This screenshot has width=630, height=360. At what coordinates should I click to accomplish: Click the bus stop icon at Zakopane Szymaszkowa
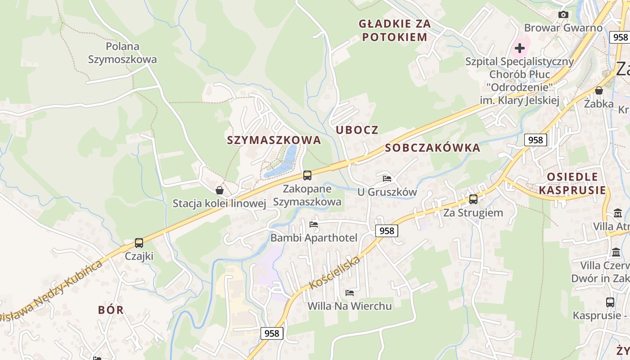tap(307, 175)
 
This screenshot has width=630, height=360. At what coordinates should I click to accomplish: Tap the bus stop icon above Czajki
tap(139, 243)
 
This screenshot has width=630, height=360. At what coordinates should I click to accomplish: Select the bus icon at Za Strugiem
tap(473, 199)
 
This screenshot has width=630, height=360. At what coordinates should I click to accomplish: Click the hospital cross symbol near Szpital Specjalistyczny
tap(520, 48)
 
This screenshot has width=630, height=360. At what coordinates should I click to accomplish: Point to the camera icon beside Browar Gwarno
tap(563, 14)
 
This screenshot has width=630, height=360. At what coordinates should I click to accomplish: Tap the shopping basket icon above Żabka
tap(598, 90)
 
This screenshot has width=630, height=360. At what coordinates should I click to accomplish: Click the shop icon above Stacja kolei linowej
tap(220, 190)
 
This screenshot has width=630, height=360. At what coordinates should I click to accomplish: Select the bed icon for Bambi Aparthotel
tap(314, 224)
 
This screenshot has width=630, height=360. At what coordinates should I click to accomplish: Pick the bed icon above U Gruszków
tap(387, 178)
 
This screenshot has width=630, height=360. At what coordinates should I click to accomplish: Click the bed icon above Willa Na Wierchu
tap(349, 293)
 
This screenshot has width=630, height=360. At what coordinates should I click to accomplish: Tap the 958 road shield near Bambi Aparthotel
tap(387, 231)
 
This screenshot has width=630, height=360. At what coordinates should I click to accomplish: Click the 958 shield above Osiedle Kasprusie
tap(535, 140)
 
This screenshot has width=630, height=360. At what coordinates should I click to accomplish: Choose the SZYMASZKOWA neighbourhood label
tap(274, 140)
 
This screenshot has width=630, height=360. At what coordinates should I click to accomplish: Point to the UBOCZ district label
tap(357, 130)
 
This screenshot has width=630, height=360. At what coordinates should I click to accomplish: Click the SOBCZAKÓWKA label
tap(432, 148)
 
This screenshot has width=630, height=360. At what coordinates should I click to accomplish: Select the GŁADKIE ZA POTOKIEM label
tap(395, 30)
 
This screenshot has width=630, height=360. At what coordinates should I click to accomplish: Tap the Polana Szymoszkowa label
tap(122, 53)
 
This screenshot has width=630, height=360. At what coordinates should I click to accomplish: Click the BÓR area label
tap(111, 310)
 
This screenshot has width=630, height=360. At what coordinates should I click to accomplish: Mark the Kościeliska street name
tap(335, 272)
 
